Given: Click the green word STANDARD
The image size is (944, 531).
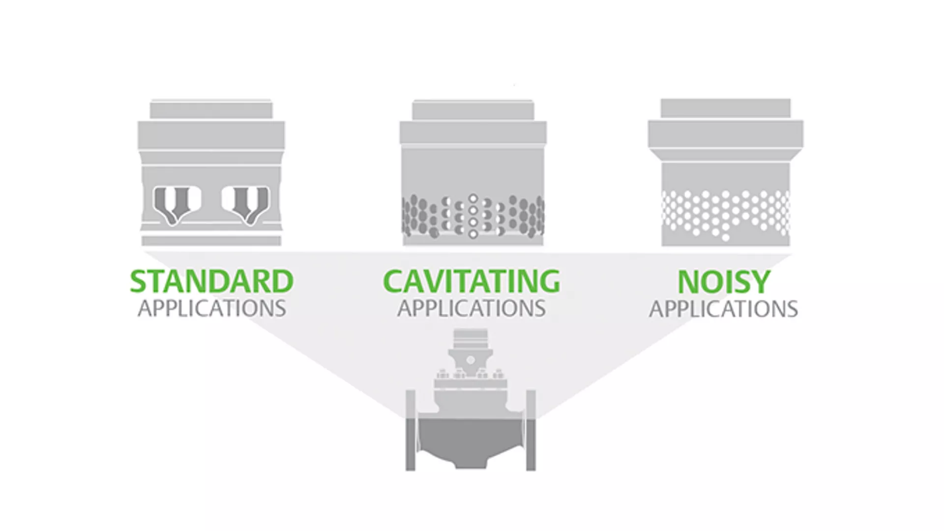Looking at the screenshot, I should tap(211, 281).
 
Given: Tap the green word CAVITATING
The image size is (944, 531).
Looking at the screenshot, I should tap(472, 281).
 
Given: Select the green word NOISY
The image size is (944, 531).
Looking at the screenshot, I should tap(724, 282).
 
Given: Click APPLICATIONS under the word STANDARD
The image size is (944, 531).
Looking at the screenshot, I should tap(211, 309).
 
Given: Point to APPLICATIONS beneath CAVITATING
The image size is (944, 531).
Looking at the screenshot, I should tap(472, 309).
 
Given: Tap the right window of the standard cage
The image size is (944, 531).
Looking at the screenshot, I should tap(245, 204).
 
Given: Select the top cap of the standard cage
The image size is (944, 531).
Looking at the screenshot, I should tap(211, 110).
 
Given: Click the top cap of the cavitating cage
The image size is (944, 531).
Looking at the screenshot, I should tap(473, 110).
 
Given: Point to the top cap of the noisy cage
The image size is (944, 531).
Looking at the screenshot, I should tap(726, 108).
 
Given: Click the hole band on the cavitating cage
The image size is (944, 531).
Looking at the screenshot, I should tap(473, 216).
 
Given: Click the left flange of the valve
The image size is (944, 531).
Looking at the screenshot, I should tap(411, 430).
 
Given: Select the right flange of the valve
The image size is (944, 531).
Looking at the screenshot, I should tap(531, 430).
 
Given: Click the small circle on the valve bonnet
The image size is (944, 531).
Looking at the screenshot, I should tap(471, 360).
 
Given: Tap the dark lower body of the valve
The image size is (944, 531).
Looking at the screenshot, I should tap(471, 440).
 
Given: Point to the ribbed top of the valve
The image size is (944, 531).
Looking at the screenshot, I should tap(471, 338).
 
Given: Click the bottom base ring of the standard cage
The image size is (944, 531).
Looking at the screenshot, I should tap(211, 240).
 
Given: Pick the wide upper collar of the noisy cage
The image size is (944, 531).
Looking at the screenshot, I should tap(726, 133).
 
